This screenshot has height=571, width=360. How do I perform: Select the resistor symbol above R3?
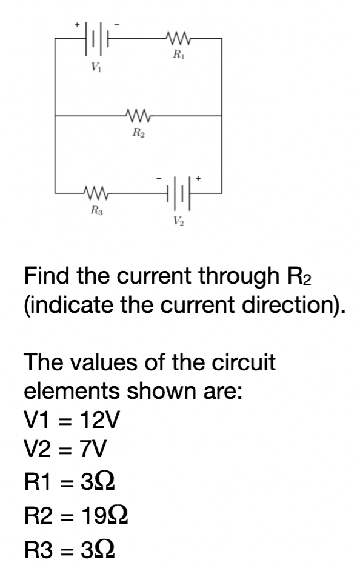click(96, 193)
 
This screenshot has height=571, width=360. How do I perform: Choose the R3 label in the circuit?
click(96, 210)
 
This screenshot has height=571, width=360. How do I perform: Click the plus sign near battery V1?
click(78, 25)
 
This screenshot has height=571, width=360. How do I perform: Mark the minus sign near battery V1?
click(117, 25)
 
